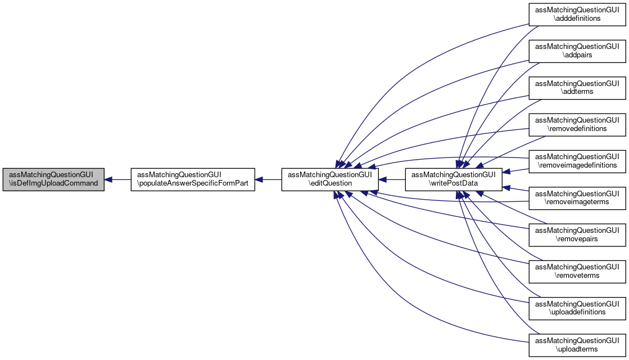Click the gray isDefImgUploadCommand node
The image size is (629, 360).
[53, 179]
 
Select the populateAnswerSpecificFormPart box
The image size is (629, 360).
[193, 179]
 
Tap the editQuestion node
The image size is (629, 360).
[330, 179]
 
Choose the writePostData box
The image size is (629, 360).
[453, 179]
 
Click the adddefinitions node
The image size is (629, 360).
[577, 15]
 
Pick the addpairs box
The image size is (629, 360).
[577, 51]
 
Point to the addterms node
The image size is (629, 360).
[577, 88]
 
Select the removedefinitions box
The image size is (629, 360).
[577, 124]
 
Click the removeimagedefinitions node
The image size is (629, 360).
[577, 161]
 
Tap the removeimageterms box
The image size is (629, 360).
[577, 198]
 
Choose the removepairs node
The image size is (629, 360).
[577, 235]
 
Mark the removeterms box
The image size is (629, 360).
[577, 271]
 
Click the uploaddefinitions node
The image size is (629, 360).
[577, 308]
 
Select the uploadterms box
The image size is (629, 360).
[577, 345]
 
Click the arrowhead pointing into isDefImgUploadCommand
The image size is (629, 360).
[108, 179]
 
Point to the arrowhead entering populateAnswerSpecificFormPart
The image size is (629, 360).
[259, 179]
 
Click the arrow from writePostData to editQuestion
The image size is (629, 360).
[392, 179]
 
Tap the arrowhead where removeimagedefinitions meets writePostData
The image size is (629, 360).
[506, 172]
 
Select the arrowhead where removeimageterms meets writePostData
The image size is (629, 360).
[506, 187]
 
